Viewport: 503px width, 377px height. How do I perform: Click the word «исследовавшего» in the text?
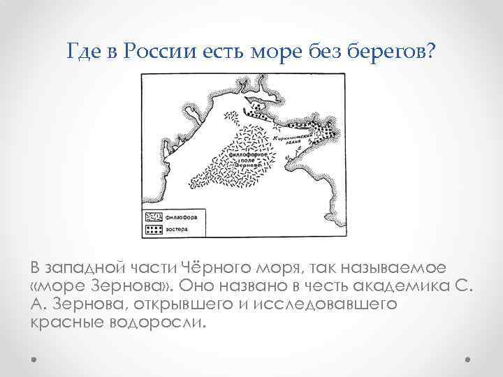pyautogui.click(x=338, y=304)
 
